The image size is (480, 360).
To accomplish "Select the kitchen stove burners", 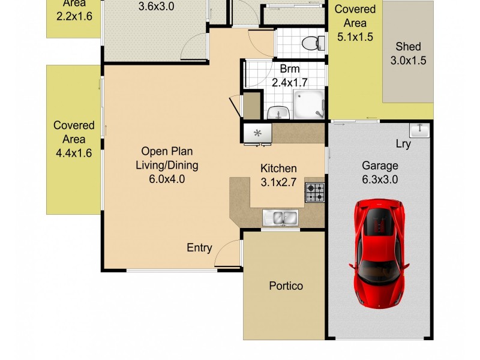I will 314,192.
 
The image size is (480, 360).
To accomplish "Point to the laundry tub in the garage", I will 418,129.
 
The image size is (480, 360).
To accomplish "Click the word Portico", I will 285,286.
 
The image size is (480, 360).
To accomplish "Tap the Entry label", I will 199,247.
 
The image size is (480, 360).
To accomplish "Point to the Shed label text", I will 408,46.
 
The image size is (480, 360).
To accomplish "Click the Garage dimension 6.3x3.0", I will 380,179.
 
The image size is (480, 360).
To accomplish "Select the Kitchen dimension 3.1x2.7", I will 278,183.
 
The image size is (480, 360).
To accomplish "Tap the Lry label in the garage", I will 403,144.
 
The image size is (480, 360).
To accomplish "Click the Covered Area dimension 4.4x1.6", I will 74,153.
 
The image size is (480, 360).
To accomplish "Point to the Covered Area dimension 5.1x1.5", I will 355,37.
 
